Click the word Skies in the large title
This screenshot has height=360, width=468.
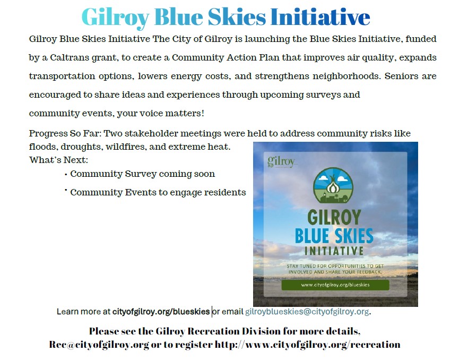click(237, 17)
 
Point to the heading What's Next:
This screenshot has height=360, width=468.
click(58, 160)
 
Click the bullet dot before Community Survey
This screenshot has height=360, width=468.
click(66, 175)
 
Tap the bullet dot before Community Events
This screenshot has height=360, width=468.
click(66, 190)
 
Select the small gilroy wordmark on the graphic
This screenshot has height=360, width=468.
click(281, 161)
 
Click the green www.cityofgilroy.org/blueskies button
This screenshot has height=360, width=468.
click(335, 285)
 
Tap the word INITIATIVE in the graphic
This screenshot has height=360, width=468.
click(334, 251)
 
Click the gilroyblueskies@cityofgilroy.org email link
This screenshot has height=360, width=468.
click(307, 312)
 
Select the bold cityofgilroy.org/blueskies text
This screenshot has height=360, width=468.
click(161, 312)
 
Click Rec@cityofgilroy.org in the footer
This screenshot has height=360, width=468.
click(99, 345)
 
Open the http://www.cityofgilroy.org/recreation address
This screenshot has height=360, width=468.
click(307, 345)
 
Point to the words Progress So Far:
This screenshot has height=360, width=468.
click(65, 133)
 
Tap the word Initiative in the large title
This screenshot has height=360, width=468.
click(320, 17)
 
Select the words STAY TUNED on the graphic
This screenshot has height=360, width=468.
click(301, 266)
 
